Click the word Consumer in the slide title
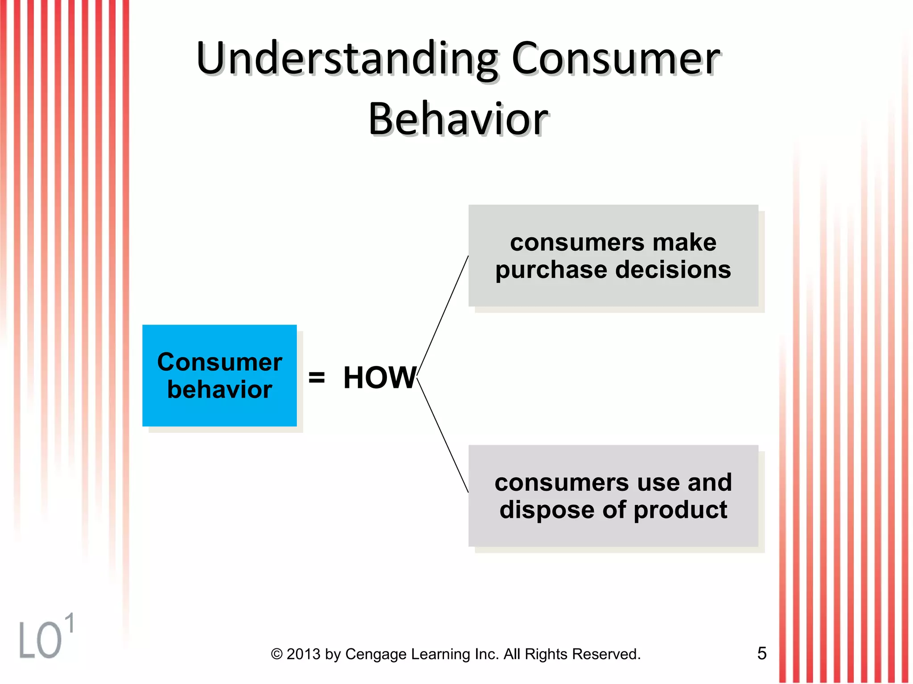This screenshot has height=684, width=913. [615, 59]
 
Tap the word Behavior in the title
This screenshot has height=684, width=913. [458, 119]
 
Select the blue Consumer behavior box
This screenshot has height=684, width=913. [219, 375]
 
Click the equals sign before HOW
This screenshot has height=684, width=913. [317, 378]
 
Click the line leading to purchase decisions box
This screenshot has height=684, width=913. [443, 317]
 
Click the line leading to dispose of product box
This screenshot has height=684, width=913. [443, 436]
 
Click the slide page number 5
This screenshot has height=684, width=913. [762, 653]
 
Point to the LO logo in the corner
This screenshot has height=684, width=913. [40, 640]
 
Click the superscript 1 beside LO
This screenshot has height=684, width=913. [69, 623]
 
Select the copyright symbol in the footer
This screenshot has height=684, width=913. [277, 654]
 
